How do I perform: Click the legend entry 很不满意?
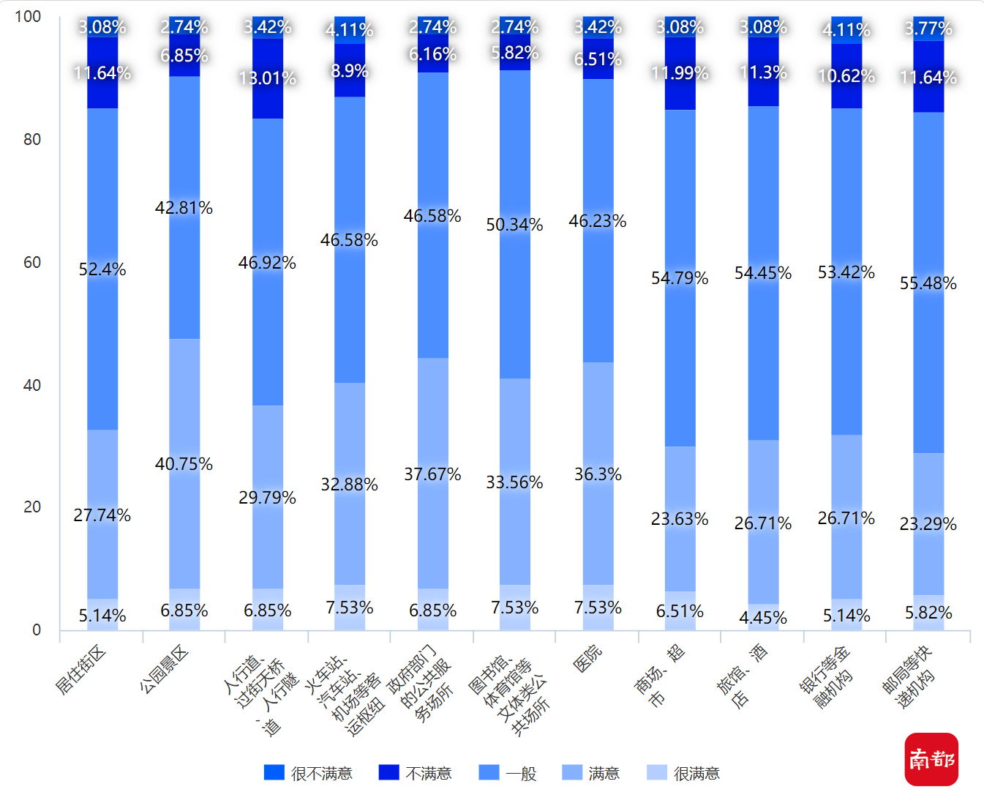[x=308, y=773]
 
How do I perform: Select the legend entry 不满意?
[x=415, y=773]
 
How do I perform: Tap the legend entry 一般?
[x=508, y=773]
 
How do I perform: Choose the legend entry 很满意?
[x=683, y=773]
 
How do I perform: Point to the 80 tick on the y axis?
[x=32, y=139]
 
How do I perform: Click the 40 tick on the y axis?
[x=32, y=385]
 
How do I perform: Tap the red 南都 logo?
[x=931, y=759]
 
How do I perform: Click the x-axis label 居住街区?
[x=80, y=671]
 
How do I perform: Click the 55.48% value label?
[x=928, y=283]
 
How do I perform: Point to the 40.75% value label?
[x=184, y=464]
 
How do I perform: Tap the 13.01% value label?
[x=267, y=78]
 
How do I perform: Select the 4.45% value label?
[x=762, y=618]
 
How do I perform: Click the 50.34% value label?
[x=514, y=225]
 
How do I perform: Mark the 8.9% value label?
[x=349, y=71]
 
